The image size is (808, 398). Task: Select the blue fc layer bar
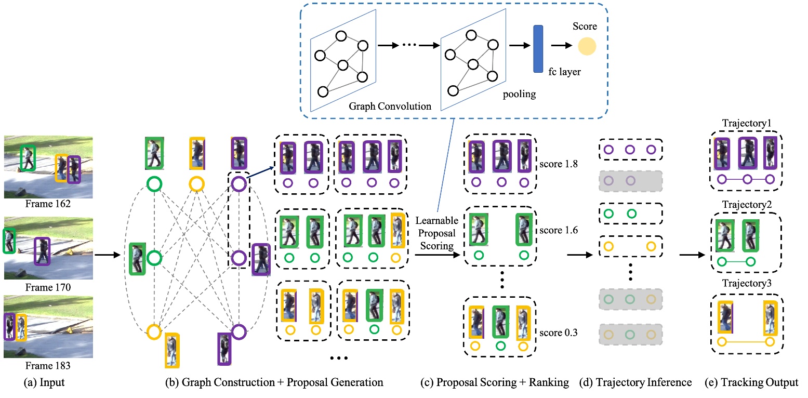[x=538, y=49]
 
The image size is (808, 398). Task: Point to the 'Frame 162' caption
[x=48, y=204]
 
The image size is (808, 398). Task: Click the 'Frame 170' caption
[x=48, y=286]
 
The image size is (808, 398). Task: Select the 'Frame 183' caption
[x=48, y=365]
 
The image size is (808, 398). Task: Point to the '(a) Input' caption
[x=48, y=383]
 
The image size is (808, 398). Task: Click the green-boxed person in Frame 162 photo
[x=27, y=157]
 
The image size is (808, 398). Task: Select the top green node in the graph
[x=154, y=183]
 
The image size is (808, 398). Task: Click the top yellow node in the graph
[x=196, y=183]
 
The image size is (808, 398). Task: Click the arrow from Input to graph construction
[x=109, y=255]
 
